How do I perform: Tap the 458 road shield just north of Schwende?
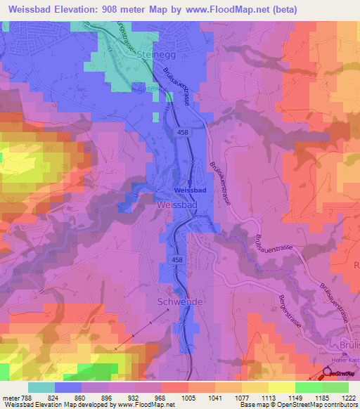[177, 260]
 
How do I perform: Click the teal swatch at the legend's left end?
[41, 387]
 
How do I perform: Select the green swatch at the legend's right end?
[335, 387]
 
